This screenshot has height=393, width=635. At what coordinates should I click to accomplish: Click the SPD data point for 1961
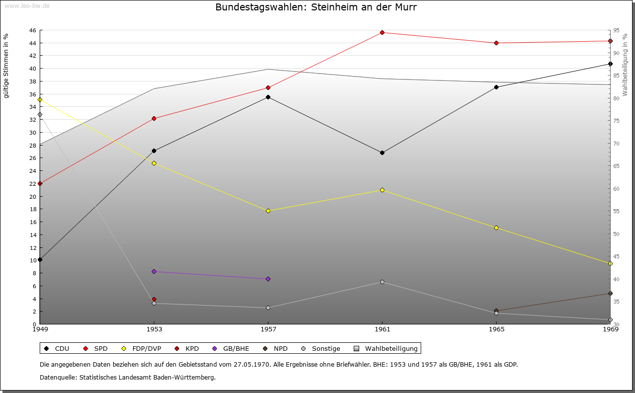click(x=382, y=33)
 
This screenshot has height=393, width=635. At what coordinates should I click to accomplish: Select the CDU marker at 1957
click(x=268, y=97)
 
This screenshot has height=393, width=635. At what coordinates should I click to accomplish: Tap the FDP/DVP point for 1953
click(x=154, y=163)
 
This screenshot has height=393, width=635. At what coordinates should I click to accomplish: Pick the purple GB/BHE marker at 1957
click(x=268, y=279)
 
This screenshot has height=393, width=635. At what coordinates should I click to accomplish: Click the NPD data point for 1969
click(x=610, y=293)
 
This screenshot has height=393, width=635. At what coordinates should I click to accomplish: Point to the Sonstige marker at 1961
click(x=382, y=282)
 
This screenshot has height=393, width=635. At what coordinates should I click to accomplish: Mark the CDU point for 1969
click(x=610, y=64)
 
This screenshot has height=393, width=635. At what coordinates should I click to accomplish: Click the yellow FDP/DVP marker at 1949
click(x=40, y=99)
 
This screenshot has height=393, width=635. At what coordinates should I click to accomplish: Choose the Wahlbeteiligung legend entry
click(x=387, y=348)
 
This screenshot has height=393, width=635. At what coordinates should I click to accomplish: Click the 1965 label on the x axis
click(x=496, y=329)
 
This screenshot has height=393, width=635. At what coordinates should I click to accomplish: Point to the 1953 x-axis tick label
click(x=154, y=329)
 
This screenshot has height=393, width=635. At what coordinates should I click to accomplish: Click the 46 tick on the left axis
click(x=32, y=30)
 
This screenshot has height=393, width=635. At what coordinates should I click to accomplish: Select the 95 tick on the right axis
click(x=616, y=30)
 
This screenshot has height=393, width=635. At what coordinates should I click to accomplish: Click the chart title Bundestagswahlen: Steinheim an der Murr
click(x=316, y=7)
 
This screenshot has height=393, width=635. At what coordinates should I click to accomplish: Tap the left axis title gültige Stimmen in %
click(x=6, y=66)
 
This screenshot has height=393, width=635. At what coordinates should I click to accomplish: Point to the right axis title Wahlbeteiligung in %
click(x=625, y=65)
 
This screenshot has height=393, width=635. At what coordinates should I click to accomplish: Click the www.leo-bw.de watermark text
click(x=26, y=5)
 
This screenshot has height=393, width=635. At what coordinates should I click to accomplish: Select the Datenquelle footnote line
click(x=127, y=377)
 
